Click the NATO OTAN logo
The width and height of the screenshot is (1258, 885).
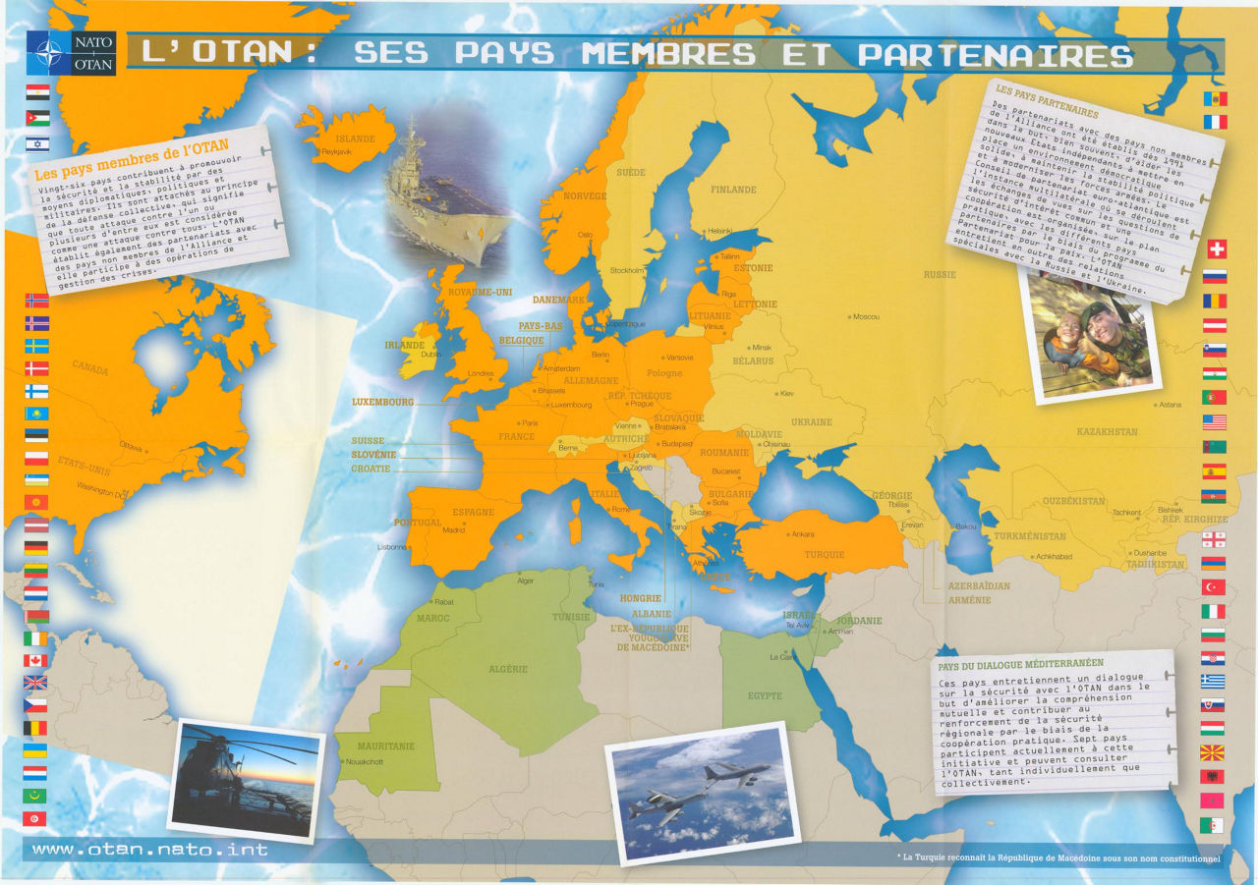point(72,52)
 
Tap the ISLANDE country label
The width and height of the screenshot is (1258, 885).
point(355,139)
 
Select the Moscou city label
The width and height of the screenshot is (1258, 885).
point(866,317)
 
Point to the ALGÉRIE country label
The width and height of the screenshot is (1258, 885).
point(508,670)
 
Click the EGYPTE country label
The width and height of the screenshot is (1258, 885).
point(765,696)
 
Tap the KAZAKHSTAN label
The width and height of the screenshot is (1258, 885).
point(1107,432)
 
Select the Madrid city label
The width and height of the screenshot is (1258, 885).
point(453,530)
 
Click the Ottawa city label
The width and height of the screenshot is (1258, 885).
point(131,445)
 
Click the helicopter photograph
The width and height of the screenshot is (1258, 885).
point(246,777)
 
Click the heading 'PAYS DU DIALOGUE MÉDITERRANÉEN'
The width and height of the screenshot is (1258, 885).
point(1020,664)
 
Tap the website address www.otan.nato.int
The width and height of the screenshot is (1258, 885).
point(149,849)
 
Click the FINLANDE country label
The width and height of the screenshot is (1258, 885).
point(733,190)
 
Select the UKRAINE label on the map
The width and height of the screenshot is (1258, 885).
point(811,422)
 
